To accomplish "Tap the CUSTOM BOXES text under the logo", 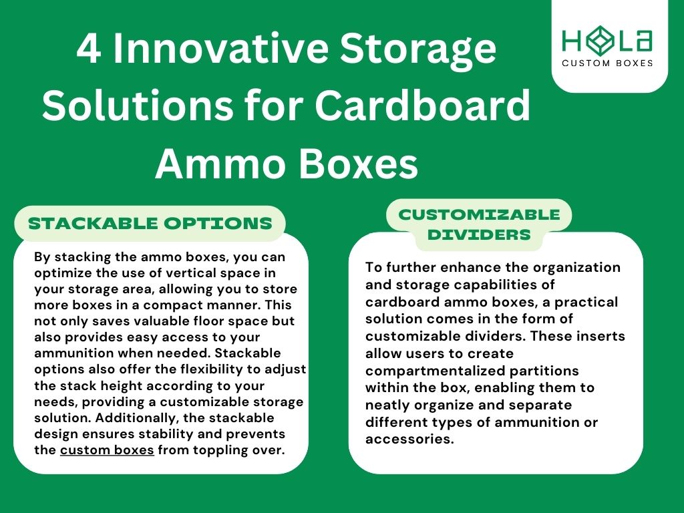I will click(x=607, y=63).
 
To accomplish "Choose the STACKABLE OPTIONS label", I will click(x=150, y=223).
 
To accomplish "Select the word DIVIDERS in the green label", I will click(x=479, y=234).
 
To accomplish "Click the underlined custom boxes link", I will click(x=107, y=450).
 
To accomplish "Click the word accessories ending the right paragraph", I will click(x=408, y=440).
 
